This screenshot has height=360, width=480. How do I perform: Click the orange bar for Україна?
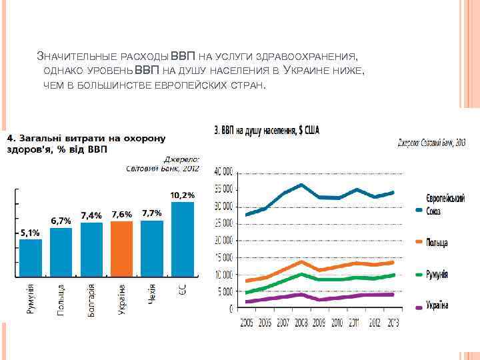coord(121,248)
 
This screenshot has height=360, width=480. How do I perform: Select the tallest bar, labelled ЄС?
coord(183,239)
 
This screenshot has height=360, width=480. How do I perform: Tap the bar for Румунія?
coord(30,257)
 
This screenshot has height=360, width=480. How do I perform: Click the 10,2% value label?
coord(183,195)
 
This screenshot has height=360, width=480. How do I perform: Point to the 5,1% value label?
coord(30,233)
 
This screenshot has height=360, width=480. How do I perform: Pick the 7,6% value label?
coord(121,215)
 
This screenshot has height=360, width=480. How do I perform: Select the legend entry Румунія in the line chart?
coord(437,274)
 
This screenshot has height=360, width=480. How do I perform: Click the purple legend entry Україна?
coord(437,305)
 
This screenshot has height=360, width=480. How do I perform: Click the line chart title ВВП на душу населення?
coord(266,131)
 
